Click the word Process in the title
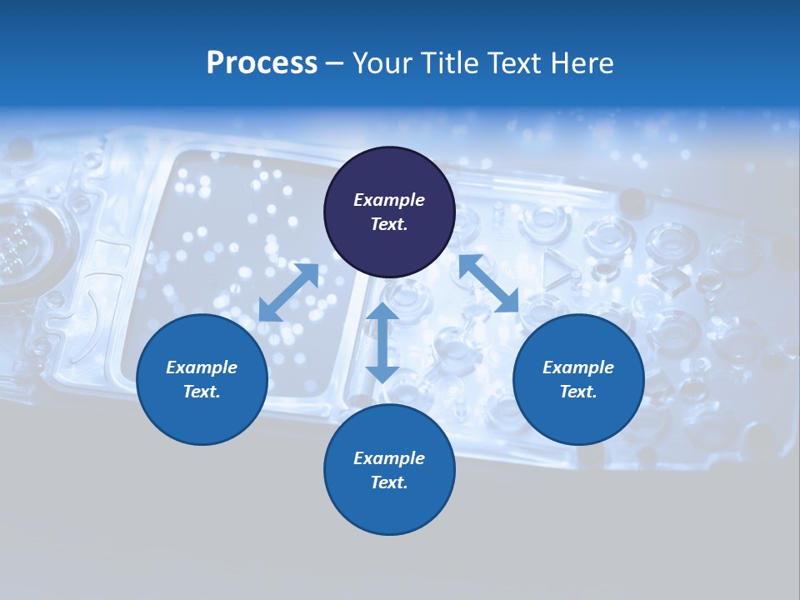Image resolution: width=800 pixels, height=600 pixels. [262, 63]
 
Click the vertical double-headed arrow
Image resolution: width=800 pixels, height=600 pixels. [382, 342]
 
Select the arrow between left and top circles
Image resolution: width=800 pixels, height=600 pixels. [288, 292]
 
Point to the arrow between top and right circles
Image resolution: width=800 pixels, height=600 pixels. [489, 284]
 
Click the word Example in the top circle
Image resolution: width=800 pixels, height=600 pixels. [389, 200]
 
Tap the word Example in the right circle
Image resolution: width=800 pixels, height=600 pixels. [578, 367]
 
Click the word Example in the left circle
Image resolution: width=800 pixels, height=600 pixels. [202, 367]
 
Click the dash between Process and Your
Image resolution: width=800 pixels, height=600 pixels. [335, 64]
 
